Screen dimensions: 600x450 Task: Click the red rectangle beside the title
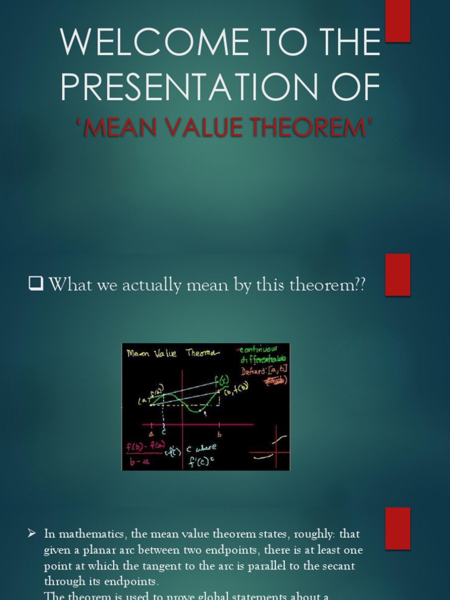(x=398, y=21)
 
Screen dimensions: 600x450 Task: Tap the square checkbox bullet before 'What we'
(x=36, y=285)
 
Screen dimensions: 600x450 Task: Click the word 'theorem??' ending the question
(x=330, y=285)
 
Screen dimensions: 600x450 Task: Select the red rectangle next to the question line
(x=398, y=274)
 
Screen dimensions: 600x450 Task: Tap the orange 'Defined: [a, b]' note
(x=264, y=371)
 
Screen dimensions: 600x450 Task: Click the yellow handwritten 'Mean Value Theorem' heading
(x=172, y=353)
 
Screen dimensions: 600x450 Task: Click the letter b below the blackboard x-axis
(x=220, y=434)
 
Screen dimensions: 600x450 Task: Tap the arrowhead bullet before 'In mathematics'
(x=33, y=534)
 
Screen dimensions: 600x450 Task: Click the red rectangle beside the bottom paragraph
(x=398, y=528)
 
